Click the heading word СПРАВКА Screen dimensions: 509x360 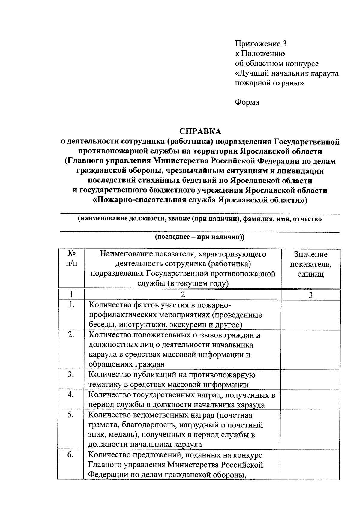click(200, 131)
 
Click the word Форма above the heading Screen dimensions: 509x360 click(247, 102)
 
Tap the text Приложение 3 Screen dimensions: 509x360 click(261, 44)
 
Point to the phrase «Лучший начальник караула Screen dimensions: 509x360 click(287, 73)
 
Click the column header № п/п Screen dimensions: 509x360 click(71, 259)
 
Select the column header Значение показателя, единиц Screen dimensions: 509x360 click(310, 264)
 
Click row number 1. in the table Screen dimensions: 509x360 click(71, 305)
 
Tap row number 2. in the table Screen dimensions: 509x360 click(71, 335)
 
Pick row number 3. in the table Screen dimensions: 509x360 click(71, 375)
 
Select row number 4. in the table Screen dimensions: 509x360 click(71, 395)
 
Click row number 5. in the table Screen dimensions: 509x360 click(71, 415)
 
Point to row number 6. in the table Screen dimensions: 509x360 click(71, 455)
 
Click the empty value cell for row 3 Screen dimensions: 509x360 click(310, 379)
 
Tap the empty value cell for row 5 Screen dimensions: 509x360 click(310, 429)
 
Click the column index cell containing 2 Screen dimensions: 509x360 click(183, 295)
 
